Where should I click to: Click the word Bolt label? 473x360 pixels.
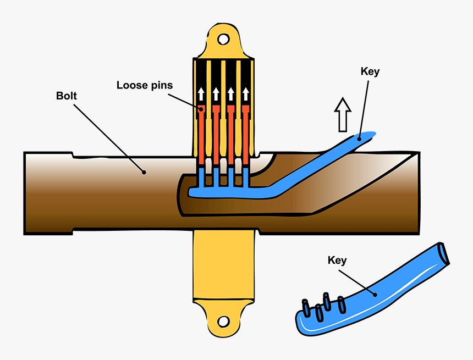click(x=67, y=96)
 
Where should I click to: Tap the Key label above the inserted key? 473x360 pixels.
click(x=370, y=71)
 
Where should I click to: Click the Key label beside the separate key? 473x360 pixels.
click(x=337, y=260)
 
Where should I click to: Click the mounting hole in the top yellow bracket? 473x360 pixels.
click(x=223, y=39)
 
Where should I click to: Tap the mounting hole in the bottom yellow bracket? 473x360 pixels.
click(x=223, y=321)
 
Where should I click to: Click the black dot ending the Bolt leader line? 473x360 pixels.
click(x=144, y=172)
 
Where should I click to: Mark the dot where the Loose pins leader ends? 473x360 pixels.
click(x=202, y=109)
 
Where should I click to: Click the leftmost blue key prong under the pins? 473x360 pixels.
click(x=201, y=177)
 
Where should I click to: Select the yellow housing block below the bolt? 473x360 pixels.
click(x=224, y=264)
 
